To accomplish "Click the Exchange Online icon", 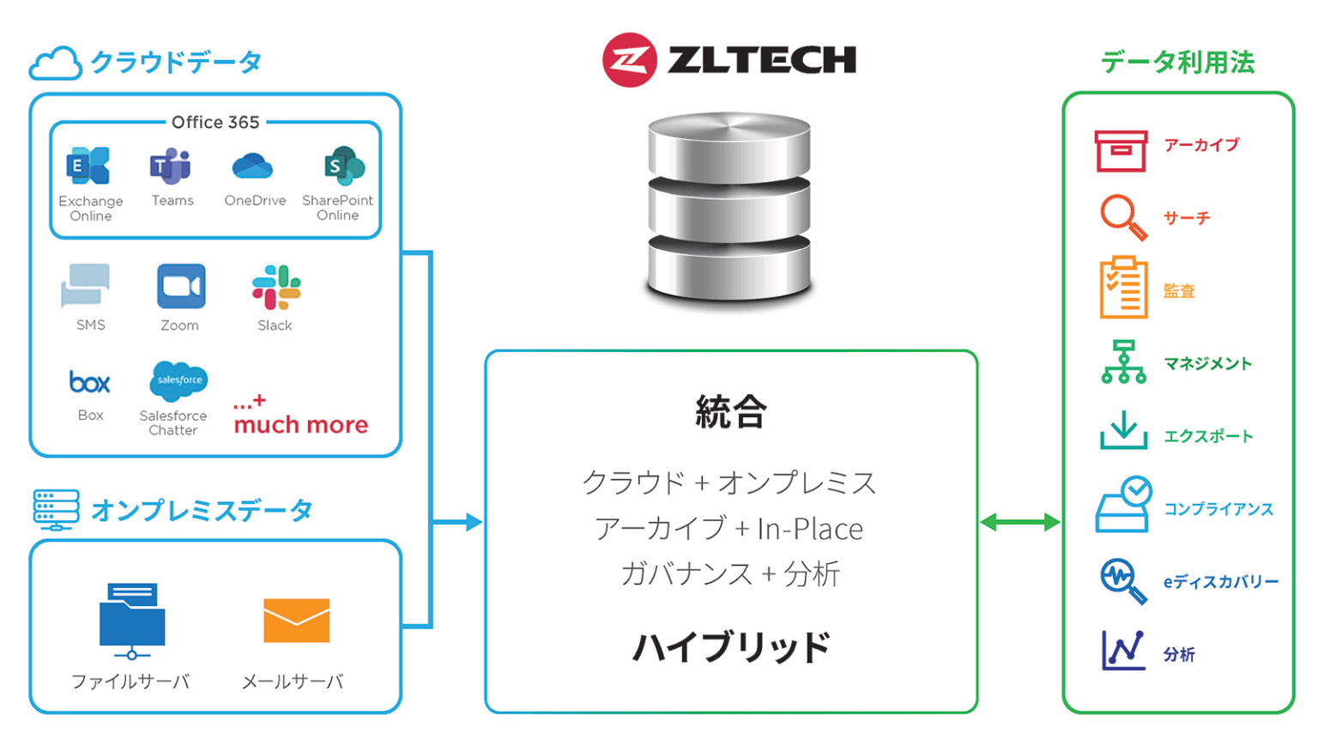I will point(88,166).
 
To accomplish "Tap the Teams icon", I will point(171,166).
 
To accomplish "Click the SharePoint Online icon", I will point(343,166).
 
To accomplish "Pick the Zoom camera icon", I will point(181,286).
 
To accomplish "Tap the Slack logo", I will point(276,287).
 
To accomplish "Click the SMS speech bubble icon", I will point(86,285).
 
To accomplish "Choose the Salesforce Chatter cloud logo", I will point(178,380).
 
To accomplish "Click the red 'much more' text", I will point(300,424).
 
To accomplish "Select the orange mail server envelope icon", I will point(296,620).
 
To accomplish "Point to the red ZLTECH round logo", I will point(629,60).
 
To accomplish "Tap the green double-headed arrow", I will point(1020,522).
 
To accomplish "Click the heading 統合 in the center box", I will point(730,412).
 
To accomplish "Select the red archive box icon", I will point(1121,151).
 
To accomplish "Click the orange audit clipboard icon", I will point(1123,288).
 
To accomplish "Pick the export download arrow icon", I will point(1123,430).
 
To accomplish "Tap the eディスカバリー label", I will point(1220,582).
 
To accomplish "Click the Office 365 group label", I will point(215,122).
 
